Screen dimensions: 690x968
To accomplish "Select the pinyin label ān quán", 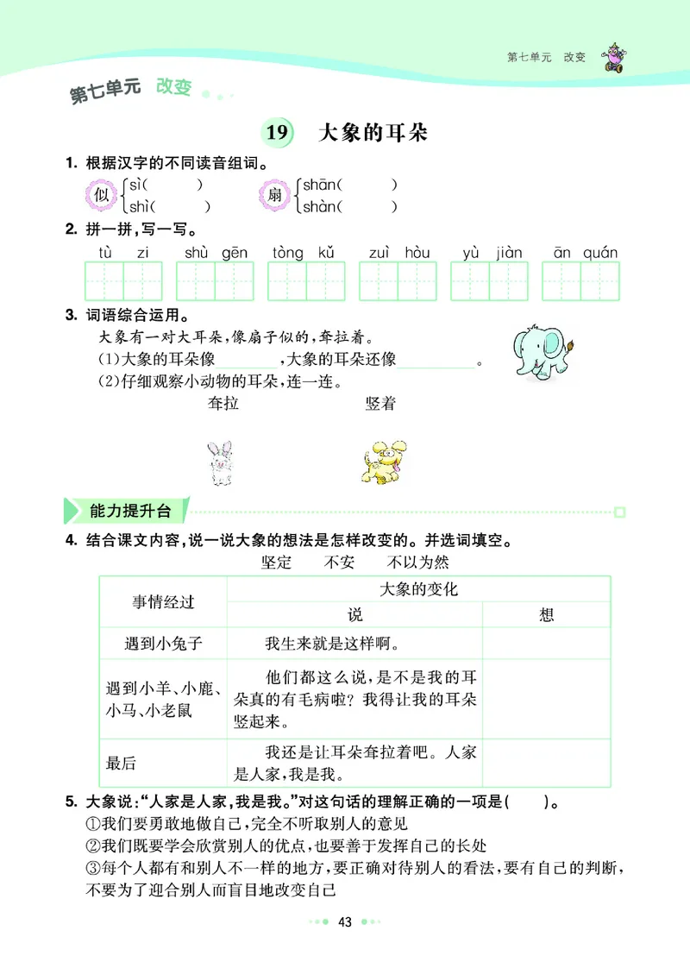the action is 586,253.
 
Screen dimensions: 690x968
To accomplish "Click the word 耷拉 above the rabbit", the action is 223,404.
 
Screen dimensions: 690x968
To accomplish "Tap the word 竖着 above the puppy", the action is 379,404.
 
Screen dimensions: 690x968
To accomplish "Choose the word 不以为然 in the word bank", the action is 417,563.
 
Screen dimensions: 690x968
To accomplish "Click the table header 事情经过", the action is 163,602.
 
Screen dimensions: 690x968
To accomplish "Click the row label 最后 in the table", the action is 122,763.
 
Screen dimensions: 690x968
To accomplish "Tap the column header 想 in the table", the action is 546,614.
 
